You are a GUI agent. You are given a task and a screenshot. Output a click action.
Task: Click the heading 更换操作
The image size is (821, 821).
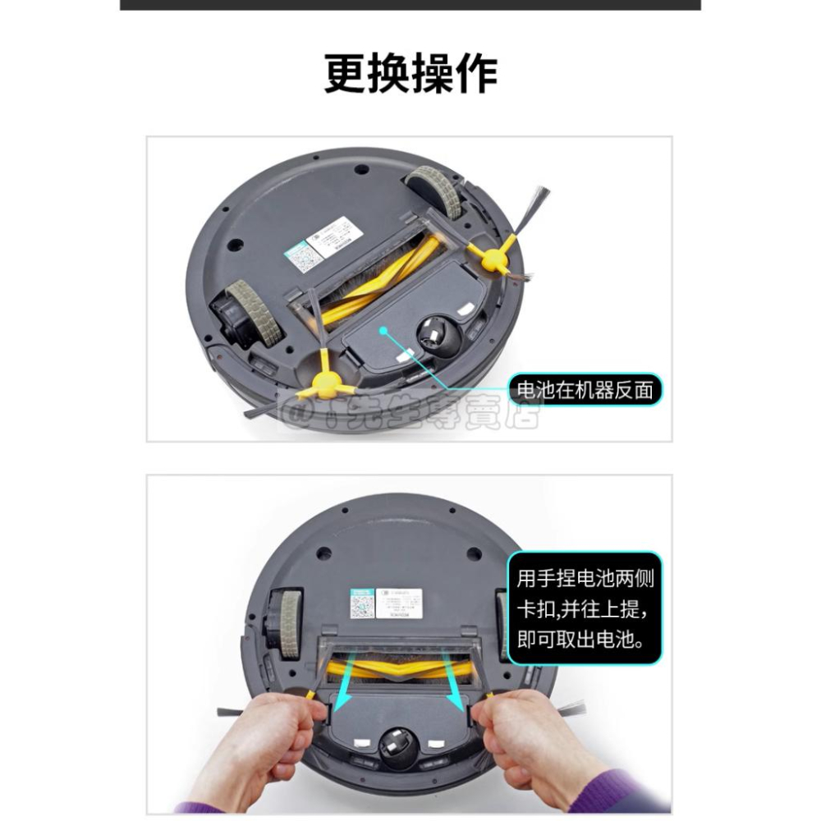410,74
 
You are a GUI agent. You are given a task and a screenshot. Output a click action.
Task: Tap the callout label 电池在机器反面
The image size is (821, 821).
585,389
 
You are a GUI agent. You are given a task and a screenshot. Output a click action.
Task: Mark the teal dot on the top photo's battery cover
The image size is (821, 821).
383,330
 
